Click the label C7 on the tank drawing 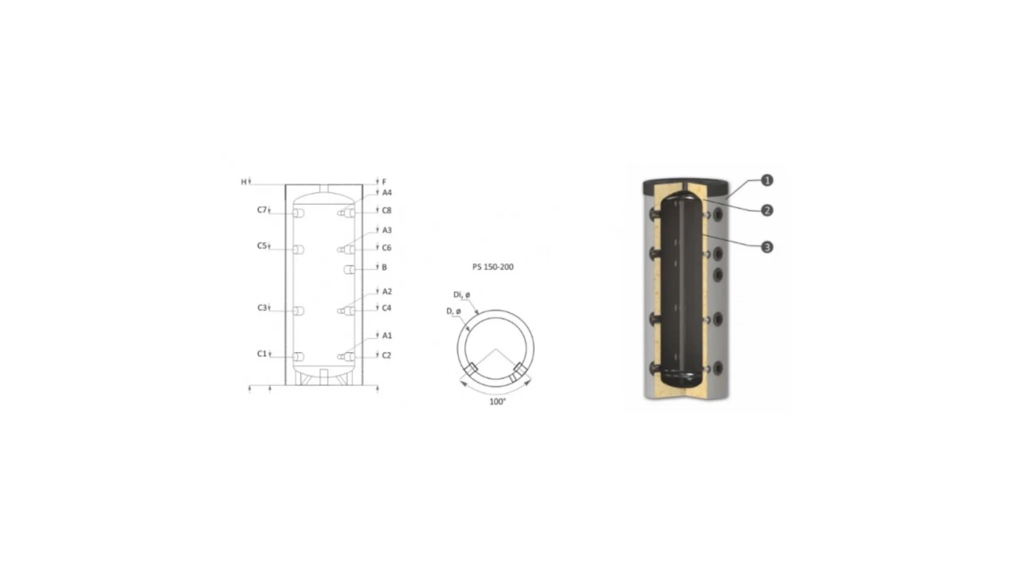click(262, 210)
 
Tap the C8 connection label click(386, 210)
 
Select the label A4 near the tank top click(387, 192)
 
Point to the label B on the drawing click(384, 267)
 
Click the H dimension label click(244, 182)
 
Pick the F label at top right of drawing click(384, 182)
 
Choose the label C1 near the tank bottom click(262, 353)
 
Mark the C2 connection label click(386, 355)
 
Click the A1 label click(387, 335)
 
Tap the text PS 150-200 click(493, 267)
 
